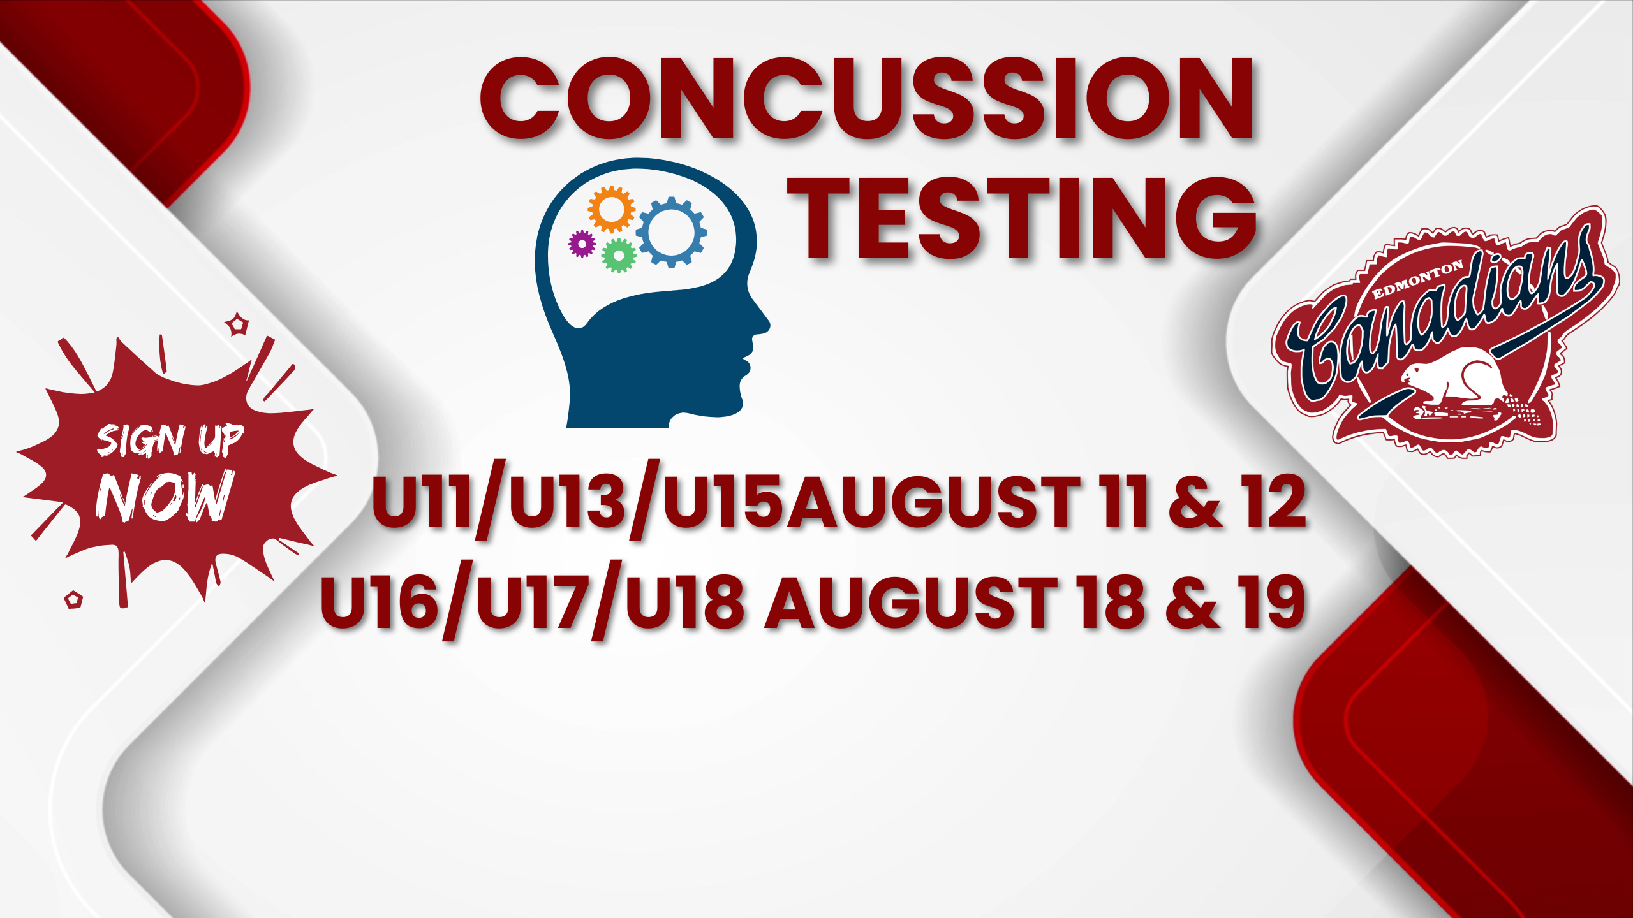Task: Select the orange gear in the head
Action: click(x=611, y=208)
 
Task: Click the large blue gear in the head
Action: click(x=671, y=232)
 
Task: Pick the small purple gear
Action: click(x=582, y=244)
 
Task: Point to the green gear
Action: click(x=619, y=256)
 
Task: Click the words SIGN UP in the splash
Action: click(x=170, y=440)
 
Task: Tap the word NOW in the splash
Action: click(x=165, y=496)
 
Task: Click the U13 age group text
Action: click(x=567, y=503)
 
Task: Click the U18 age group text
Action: click(x=684, y=602)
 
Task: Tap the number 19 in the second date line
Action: click(x=1271, y=602)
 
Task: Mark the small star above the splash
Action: click(x=238, y=324)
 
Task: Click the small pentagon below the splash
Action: click(x=74, y=599)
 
